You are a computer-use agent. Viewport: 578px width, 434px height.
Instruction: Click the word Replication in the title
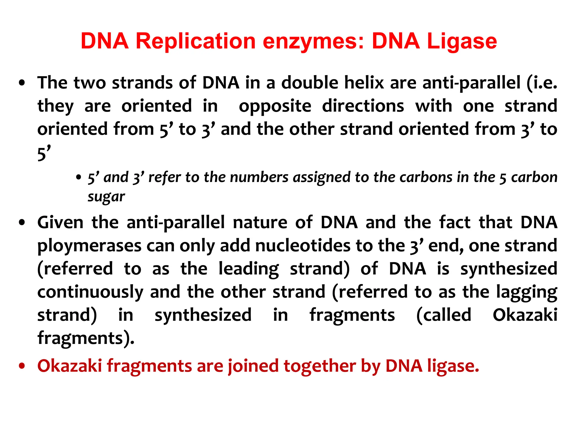tap(196, 41)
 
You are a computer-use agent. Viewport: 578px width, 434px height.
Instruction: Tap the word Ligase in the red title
tap(462, 41)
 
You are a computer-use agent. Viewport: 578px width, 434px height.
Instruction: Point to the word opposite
tap(275, 106)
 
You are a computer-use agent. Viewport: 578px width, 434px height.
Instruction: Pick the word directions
tap(363, 106)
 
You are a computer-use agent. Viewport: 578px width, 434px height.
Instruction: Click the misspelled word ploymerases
tap(89, 246)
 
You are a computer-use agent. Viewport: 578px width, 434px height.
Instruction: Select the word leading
tap(248, 269)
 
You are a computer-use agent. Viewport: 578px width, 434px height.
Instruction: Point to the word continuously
tap(90, 292)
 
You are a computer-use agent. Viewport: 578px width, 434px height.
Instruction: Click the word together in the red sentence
tap(319, 366)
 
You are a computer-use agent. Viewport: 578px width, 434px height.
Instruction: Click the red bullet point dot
tap(22, 366)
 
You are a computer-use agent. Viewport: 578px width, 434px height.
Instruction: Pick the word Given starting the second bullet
tap(60, 222)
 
